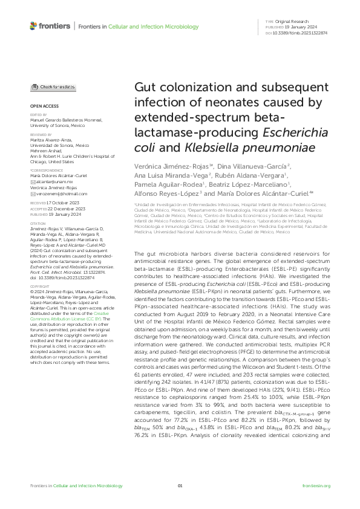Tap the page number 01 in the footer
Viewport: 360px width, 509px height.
(180, 504)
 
